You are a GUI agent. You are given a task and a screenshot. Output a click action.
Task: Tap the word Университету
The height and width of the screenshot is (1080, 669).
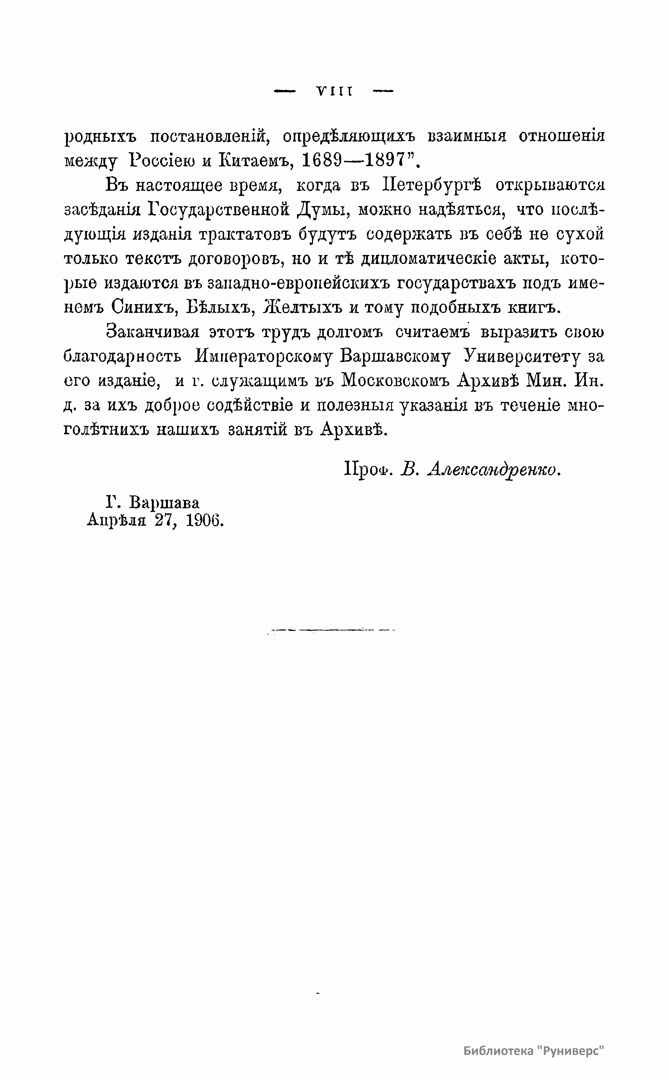tap(521, 357)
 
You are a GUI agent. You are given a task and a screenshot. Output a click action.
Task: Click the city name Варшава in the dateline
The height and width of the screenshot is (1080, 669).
tap(164, 503)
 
